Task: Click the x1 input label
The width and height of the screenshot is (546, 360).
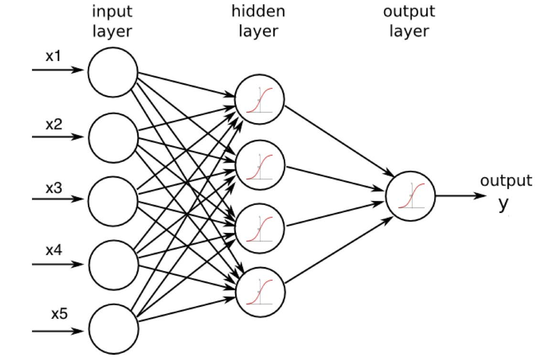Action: pyautogui.click(x=53, y=56)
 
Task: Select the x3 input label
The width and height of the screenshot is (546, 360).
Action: pyautogui.click(x=53, y=188)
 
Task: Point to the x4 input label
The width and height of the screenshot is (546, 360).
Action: pyautogui.click(x=53, y=250)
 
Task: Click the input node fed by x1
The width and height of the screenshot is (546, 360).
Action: pyautogui.click(x=113, y=71)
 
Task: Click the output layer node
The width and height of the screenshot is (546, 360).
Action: pyautogui.click(x=411, y=196)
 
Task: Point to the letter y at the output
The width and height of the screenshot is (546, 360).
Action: pyautogui.click(x=503, y=204)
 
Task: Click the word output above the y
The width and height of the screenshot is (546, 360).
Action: pyautogui.click(x=505, y=181)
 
